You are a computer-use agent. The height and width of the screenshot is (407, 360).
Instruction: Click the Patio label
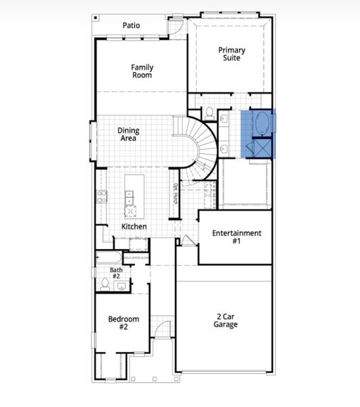click(132, 25)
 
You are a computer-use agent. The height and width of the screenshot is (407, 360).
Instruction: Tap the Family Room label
click(142, 71)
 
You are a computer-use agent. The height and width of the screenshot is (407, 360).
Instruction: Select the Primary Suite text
click(231, 54)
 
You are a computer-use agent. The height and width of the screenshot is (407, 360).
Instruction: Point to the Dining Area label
click(128, 134)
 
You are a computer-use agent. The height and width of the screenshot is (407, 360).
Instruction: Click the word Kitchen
click(134, 226)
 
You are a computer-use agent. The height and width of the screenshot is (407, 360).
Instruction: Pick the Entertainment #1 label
click(236, 237)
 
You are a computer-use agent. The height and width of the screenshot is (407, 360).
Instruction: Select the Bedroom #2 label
click(123, 323)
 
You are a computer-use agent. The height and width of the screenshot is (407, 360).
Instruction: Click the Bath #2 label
click(115, 273)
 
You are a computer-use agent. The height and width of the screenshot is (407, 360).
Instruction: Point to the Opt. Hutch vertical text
click(175, 194)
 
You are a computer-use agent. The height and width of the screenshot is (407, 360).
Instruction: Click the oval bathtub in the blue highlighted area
click(261, 123)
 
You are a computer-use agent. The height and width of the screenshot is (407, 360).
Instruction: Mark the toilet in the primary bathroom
click(210, 112)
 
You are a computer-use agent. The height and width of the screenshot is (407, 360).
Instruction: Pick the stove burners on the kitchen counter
click(102, 196)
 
